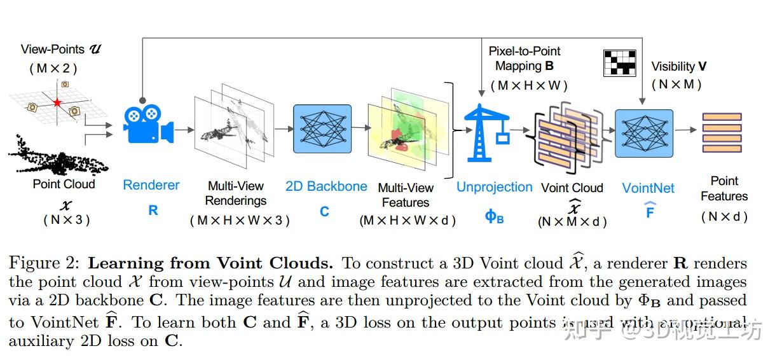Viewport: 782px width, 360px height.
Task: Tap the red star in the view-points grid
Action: click(57, 102)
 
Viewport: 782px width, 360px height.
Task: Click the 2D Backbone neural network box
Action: click(322, 129)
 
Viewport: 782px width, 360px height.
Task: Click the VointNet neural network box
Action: click(644, 132)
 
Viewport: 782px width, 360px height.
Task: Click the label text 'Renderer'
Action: click(151, 185)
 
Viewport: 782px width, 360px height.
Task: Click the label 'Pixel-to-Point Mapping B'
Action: click(525, 59)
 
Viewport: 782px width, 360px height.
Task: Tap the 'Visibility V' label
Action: click(678, 67)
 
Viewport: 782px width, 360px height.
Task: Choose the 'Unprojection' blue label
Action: click(495, 187)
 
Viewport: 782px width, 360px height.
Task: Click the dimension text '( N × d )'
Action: click(724, 217)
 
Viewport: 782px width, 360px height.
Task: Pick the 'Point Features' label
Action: click(724, 189)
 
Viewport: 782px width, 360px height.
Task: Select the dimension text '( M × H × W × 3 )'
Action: click(240, 221)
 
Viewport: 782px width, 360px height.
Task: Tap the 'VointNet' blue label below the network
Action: click(648, 188)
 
